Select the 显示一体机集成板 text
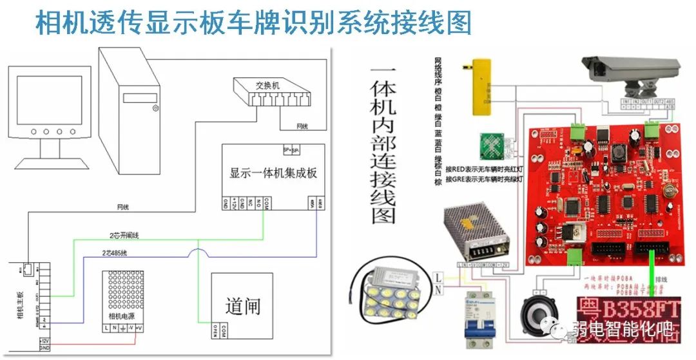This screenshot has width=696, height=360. pos(273,173)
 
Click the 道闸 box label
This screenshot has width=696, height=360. pos(243,305)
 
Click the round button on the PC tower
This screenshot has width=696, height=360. pos(155,109)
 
